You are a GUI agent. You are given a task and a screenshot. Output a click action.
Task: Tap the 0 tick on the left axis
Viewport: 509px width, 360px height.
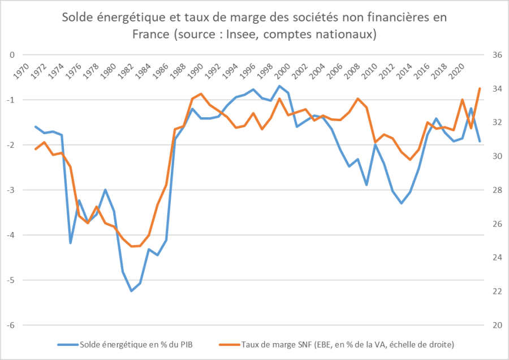(x=12, y=55)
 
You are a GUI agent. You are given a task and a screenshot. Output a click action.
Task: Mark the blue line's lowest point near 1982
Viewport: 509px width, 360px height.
(x=131, y=291)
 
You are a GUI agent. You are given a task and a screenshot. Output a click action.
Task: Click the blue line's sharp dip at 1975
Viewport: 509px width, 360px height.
(x=71, y=243)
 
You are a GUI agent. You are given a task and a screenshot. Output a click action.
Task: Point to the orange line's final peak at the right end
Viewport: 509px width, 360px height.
(x=480, y=88)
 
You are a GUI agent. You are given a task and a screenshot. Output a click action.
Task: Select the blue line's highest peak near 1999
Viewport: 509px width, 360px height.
(x=279, y=86)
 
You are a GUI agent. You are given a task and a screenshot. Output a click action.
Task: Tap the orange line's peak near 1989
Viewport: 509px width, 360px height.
(x=201, y=94)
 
